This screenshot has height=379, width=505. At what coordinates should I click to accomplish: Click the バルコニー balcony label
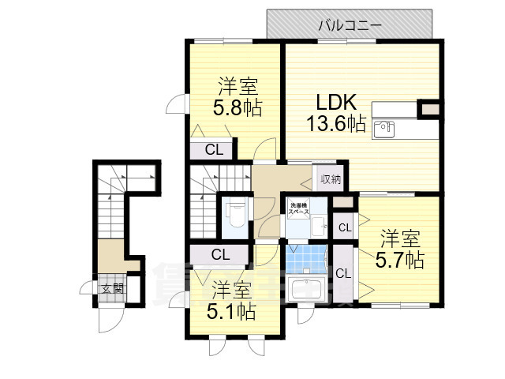(350, 25)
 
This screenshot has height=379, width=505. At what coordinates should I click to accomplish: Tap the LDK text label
(338, 103)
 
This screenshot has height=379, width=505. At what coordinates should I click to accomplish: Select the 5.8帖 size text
(237, 107)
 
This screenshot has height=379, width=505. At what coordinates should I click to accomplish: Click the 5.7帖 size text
(400, 258)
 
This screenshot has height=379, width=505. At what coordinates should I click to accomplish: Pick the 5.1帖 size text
(232, 311)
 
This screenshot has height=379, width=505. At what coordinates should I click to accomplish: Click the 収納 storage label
(330, 178)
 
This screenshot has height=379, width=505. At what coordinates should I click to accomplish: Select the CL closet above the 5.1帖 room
(220, 254)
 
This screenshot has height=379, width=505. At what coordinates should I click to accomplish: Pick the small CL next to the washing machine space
(344, 228)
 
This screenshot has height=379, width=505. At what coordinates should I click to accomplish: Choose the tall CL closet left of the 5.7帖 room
(343, 273)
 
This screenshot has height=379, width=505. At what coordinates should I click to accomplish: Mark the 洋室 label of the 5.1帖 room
(231, 291)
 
